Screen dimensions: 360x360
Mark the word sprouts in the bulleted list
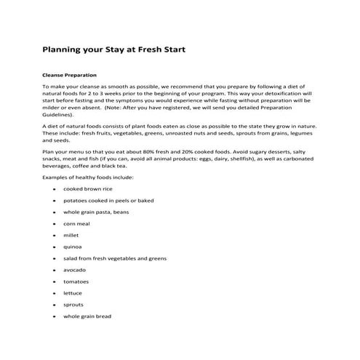point(73,305)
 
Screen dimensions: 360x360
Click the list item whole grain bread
point(87,316)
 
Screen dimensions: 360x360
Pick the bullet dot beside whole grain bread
point(55,317)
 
